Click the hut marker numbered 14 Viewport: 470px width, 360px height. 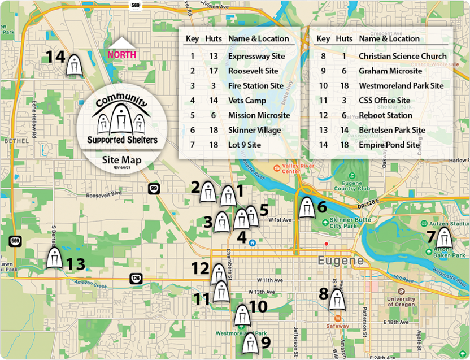(75, 64)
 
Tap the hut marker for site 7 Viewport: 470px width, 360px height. (444, 238)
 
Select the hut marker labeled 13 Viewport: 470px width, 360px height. (54, 258)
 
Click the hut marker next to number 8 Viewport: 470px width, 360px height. (337, 300)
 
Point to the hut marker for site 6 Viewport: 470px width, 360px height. (307, 207)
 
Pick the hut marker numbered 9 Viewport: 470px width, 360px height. (250, 343)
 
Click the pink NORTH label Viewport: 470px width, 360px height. (122, 55)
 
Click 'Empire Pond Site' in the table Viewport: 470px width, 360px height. (389, 145)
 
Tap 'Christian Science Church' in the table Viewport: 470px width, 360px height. (402, 56)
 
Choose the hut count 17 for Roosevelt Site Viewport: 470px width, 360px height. (213, 71)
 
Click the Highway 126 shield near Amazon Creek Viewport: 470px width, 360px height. (136, 278)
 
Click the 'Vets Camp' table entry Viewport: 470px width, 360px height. (247, 101)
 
